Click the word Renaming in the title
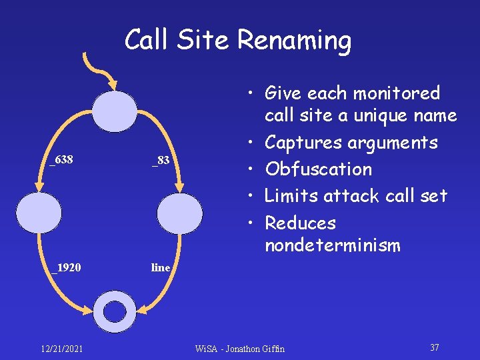click(x=294, y=41)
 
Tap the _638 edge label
click(x=61, y=160)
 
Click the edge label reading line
click(x=161, y=268)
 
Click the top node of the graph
click(x=115, y=111)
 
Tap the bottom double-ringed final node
click(x=115, y=311)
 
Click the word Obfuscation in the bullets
click(x=318, y=169)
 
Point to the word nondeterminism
click(x=332, y=246)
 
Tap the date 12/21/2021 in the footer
click(x=61, y=349)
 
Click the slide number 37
click(x=434, y=348)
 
